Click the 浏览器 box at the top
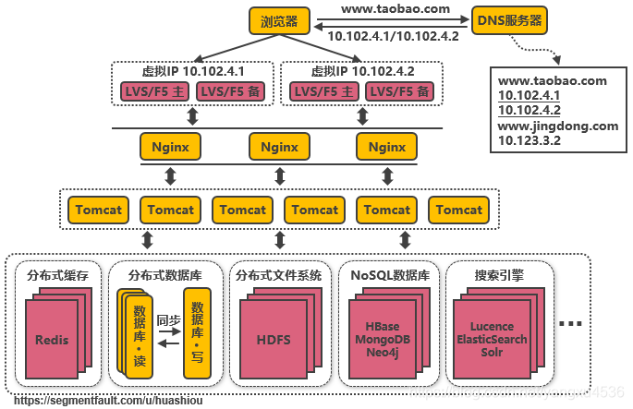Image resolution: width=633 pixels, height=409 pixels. pos(279,20)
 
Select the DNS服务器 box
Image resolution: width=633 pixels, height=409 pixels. pos(509,19)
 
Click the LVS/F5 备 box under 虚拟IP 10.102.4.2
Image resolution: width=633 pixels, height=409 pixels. pos(397,91)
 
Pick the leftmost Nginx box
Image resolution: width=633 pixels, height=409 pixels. pos(170,147)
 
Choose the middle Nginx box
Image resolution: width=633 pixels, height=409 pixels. pos(279,147)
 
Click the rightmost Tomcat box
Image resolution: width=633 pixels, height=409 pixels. pos(459,210)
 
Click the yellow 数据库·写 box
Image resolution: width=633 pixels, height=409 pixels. pos(195,332)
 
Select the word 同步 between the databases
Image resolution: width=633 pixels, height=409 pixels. pos(167,320)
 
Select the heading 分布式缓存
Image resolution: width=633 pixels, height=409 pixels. pos(57,274)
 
